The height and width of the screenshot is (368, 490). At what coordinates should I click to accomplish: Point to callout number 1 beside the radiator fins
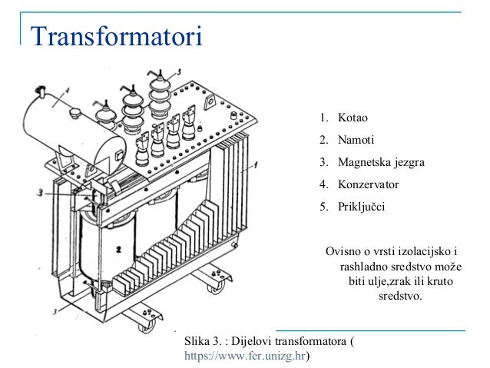coord(258,164)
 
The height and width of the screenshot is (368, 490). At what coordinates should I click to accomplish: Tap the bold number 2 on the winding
coord(120,250)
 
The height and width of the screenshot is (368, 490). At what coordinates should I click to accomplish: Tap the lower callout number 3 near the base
coord(54,310)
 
